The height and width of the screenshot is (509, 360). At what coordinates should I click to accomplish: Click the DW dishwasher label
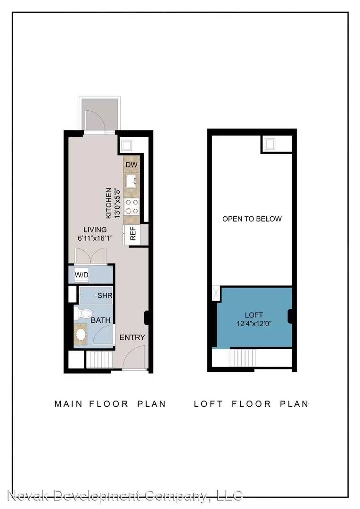pyautogui.click(x=131, y=164)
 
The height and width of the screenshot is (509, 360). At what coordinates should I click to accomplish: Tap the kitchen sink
pyautogui.click(x=131, y=181)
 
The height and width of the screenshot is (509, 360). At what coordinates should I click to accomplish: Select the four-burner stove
pyautogui.click(x=131, y=206)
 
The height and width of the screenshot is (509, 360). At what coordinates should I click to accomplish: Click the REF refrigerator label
pyautogui.click(x=133, y=234)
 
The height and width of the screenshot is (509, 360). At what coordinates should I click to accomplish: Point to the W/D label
pyautogui.click(x=82, y=275)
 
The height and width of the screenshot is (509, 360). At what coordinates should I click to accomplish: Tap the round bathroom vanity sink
pyautogui.click(x=81, y=334)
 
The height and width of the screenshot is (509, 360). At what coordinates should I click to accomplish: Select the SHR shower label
pyautogui.click(x=105, y=296)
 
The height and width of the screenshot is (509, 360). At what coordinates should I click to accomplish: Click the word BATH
pyautogui.click(x=101, y=320)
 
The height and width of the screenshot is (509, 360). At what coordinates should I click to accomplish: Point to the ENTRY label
pyautogui.click(x=132, y=337)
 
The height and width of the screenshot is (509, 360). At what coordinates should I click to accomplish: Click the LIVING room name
pyautogui.click(x=95, y=230)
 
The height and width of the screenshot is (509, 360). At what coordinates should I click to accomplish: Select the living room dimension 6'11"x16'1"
pyautogui.click(x=95, y=238)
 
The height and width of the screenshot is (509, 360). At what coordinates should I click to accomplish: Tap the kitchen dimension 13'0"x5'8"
pyautogui.click(x=117, y=203)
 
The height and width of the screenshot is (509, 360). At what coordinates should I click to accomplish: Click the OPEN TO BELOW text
pyautogui.click(x=252, y=219)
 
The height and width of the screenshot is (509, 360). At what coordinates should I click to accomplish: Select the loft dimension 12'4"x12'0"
pyautogui.click(x=254, y=324)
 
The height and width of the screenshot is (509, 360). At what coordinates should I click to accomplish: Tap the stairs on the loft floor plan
pyautogui.click(x=243, y=358)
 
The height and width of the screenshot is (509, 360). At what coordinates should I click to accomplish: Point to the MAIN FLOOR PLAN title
pyautogui.click(x=110, y=404)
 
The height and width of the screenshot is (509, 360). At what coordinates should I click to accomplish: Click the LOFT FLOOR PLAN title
pyautogui.click(x=251, y=404)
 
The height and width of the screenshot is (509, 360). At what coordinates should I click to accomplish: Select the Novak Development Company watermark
pyautogui.click(x=125, y=496)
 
